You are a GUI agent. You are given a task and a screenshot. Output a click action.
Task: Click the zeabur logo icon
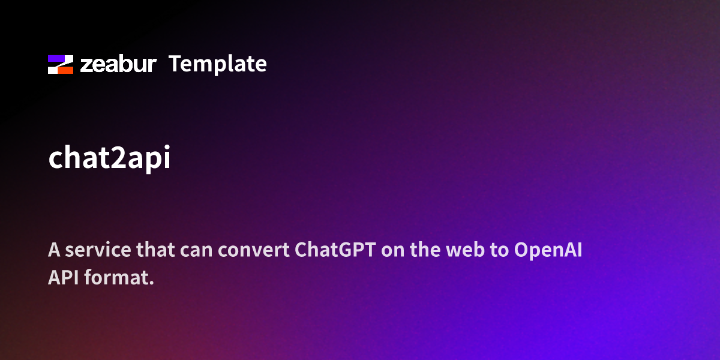click(x=61, y=64)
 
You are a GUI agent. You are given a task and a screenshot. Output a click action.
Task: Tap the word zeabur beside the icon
click(x=118, y=64)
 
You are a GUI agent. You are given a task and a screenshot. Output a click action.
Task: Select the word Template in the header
click(x=218, y=64)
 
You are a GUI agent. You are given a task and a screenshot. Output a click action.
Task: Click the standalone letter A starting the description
click(x=54, y=250)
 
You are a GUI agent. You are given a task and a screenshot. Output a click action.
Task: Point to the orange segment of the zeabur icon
click(x=65, y=69)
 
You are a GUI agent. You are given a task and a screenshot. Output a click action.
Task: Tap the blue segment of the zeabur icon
click(x=56, y=59)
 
